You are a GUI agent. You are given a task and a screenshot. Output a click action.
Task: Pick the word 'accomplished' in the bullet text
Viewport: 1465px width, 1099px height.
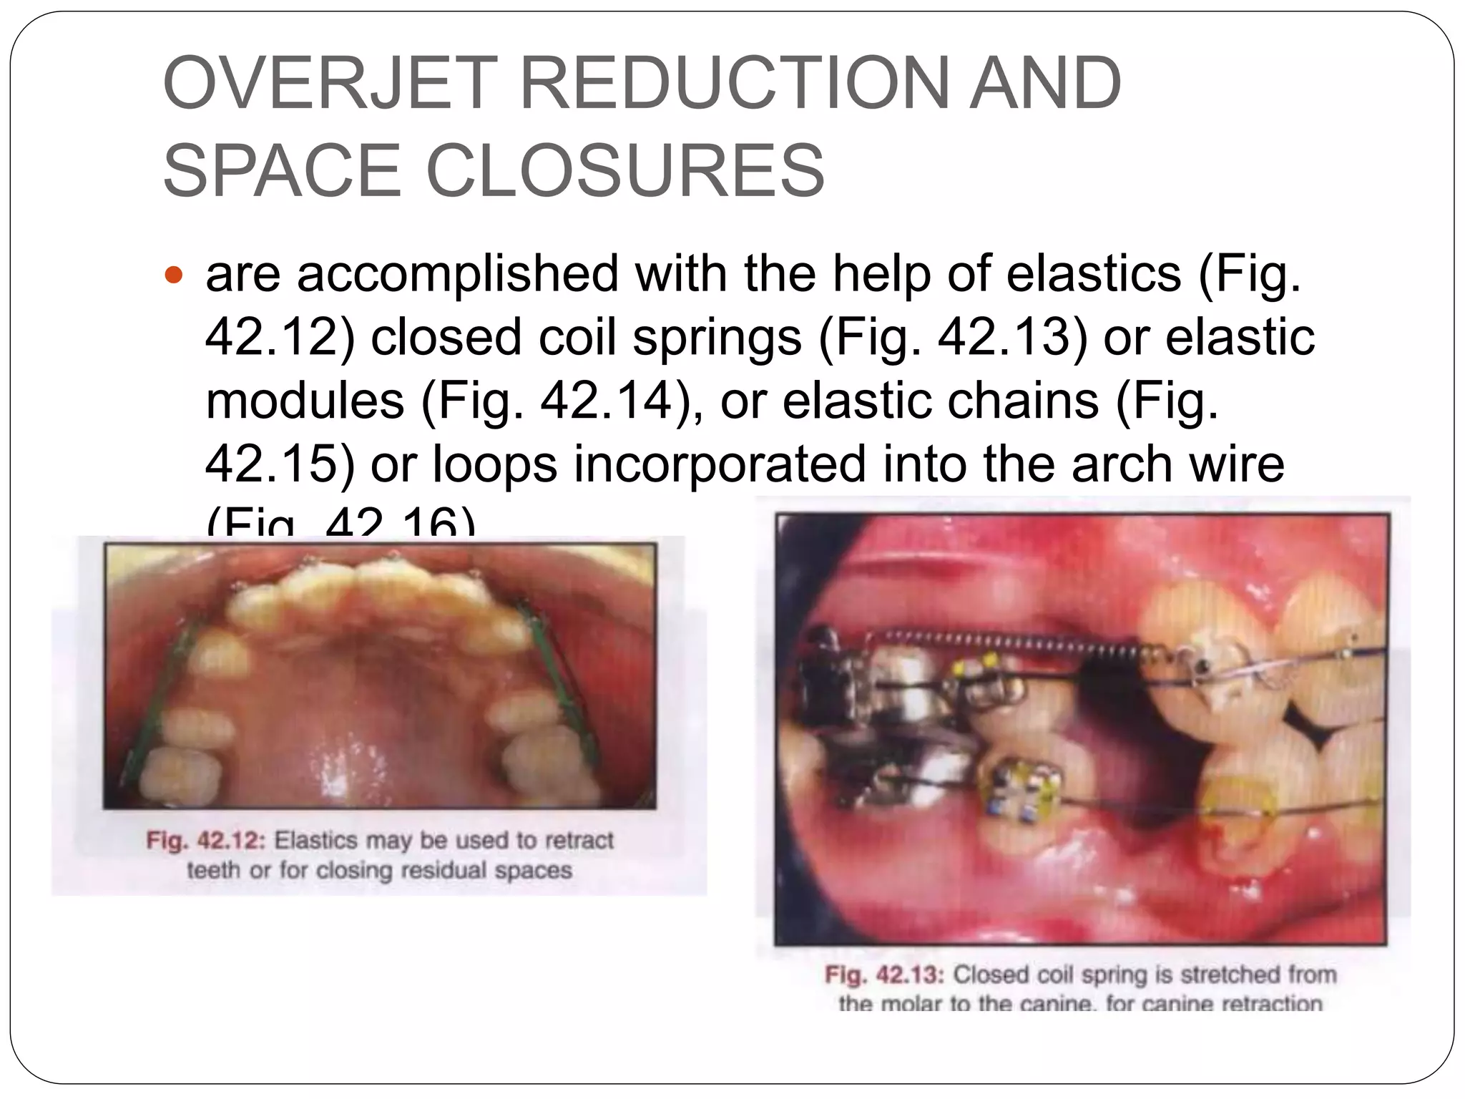(x=458, y=274)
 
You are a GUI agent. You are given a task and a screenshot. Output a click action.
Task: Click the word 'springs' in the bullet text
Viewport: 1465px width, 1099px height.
(x=717, y=337)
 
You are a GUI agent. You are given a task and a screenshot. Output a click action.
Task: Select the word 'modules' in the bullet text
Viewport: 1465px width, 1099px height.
(x=305, y=401)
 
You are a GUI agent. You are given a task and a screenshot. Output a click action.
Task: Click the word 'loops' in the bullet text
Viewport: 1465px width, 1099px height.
(x=494, y=464)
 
